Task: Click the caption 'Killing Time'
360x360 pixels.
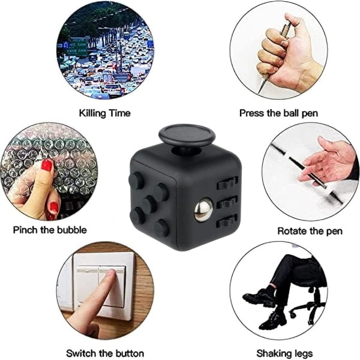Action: point(104,113)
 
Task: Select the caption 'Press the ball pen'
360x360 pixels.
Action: point(278,113)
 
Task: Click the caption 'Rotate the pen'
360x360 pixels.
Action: point(307,230)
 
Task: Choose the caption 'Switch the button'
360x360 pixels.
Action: point(105,353)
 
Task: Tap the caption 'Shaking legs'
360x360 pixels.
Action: point(284,353)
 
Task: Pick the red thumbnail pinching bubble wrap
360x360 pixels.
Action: point(47,166)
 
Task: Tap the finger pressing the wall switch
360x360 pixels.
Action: point(96,300)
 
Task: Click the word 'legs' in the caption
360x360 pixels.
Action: point(302,353)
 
